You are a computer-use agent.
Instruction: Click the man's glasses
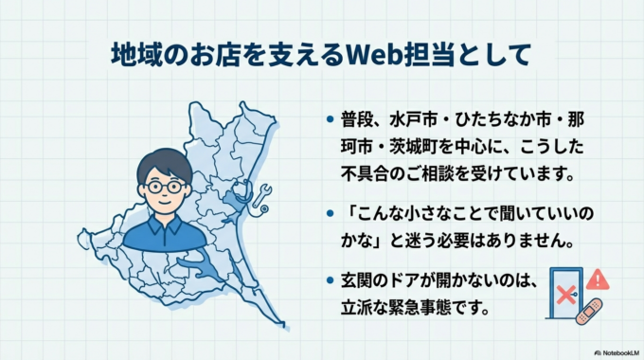click(x=166, y=187)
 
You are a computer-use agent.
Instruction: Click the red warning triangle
click(x=597, y=279)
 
